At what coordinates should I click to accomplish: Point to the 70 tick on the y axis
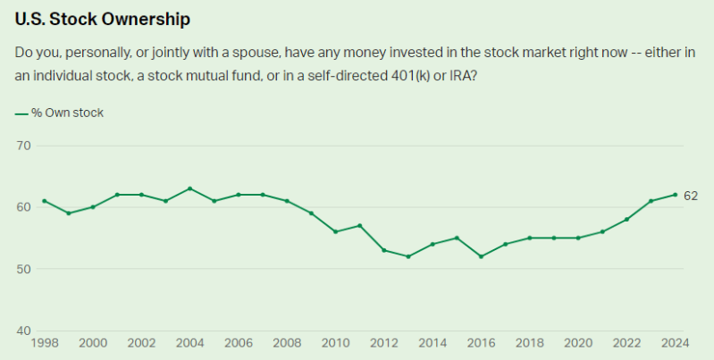pyautogui.click(x=24, y=145)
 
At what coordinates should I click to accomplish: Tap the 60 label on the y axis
pyautogui.click(x=24, y=206)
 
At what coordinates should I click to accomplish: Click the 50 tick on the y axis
pyautogui.click(x=24, y=269)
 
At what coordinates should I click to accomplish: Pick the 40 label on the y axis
pyautogui.click(x=24, y=331)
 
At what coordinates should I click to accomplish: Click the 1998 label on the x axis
pyautogui.click(x=44, y=342)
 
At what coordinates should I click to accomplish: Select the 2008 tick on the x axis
pyautogui.click(x=287, y=342)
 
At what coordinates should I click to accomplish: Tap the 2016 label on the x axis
pyautogui.click(x=481, y=342)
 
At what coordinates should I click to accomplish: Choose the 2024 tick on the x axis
pyautogui.click(x=675, y=342)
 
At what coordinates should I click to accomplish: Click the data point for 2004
pyautogui.click(x=189, y=188)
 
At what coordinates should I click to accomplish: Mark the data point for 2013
pyautogui.click(x=408, y=256)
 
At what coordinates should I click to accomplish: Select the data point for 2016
pyautogui.click(x=481, y=256)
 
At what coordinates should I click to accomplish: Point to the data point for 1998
pyautogui.click(x=44, y=201)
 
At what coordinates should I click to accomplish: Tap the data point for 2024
pyautogui.click(x=675, y=195)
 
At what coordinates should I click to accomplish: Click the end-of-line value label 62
pyautogui.click(x=691, y=196)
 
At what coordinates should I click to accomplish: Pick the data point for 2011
pyautogui.click(x=359, y=225)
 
